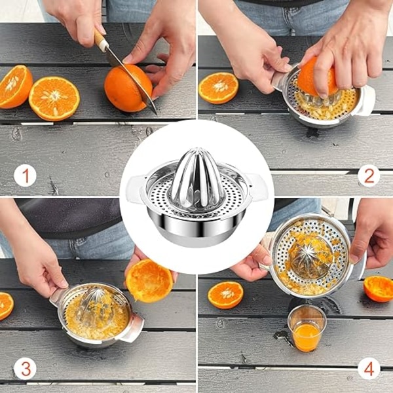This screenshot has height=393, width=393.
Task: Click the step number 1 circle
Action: coord(25,175)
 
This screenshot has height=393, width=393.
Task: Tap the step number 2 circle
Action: coord(369,176)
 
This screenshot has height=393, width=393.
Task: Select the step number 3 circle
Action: coord(25,369)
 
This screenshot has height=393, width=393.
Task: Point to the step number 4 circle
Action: coord(369,369)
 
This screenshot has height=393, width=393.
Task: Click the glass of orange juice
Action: coord(307,328)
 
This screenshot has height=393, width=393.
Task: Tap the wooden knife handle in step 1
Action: coord(101,40)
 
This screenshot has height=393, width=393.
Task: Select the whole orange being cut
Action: coord(128,88)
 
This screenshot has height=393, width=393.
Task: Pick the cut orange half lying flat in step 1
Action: coord(54,99)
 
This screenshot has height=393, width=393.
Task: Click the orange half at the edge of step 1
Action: coord(15,86)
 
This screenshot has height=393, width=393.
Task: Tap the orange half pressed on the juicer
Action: coord(317,76)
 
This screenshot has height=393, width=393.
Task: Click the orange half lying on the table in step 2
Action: coord(218,88)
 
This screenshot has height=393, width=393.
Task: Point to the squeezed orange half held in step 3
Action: coord(149,281)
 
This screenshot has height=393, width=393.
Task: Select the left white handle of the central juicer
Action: coord(136,189)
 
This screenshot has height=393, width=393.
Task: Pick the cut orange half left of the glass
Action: coord(225,295)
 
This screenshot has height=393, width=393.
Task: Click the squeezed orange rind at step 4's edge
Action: coord(379,289)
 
